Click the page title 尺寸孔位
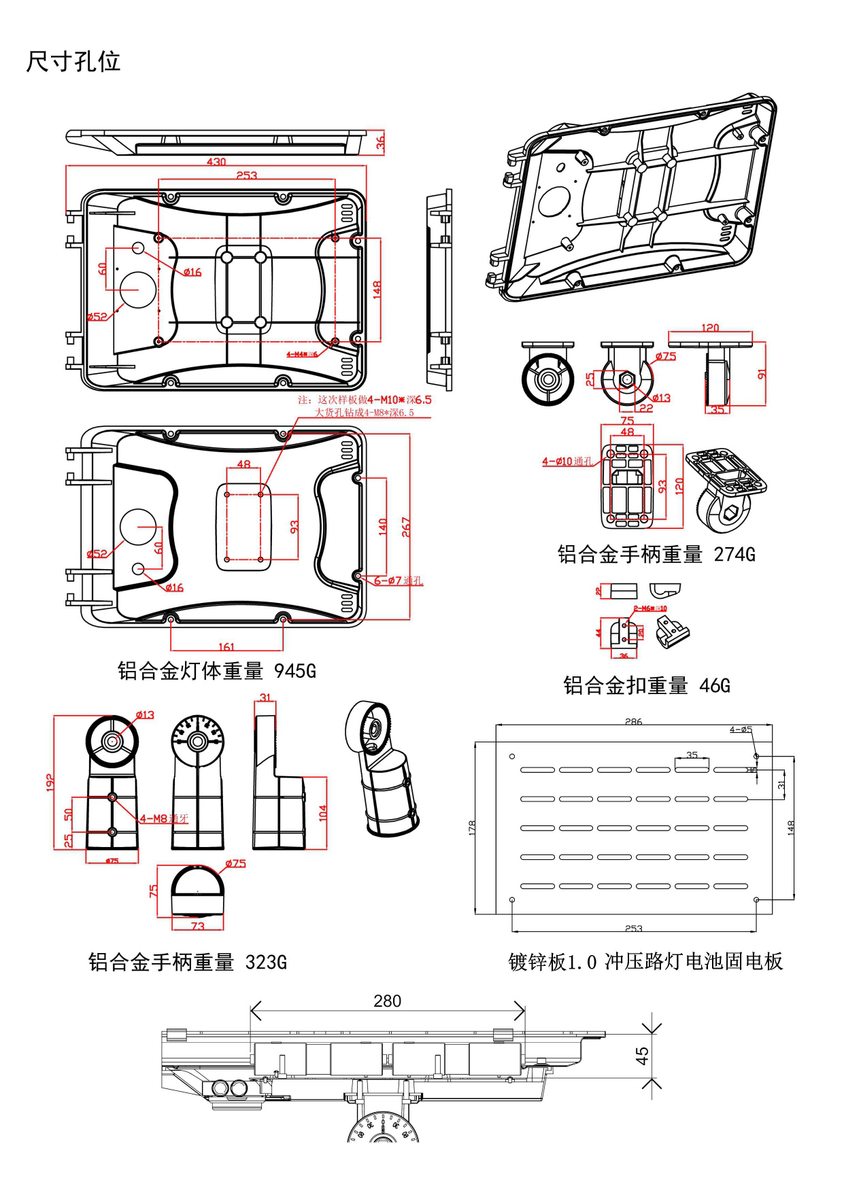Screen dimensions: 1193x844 (x=73, y=62)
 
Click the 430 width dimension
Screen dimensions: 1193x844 (x=216, y=162)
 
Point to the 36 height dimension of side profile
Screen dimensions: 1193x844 (x=380, y=142)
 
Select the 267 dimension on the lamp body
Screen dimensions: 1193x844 (x=406, y=527)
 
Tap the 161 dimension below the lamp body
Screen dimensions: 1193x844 (x=226, y=646)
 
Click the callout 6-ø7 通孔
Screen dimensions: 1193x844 (x=399, y=581)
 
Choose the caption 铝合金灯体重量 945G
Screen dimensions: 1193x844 (x=216, y=671)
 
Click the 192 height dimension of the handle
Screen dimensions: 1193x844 (x=50, y=782)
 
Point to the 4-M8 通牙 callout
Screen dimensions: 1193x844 (x=164, y=818)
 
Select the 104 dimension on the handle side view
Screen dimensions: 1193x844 (x=322, y=813)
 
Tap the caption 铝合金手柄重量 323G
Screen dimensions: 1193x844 (x=188, y=962)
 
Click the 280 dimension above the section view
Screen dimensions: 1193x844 (x=387, y=1001)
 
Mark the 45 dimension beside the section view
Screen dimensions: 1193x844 (x=642, y=1055)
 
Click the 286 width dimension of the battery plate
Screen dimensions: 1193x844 (x=633, y=721)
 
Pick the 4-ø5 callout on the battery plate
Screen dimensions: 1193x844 (x=741, y=729)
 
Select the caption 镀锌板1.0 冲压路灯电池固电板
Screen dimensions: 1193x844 (x=645, y=961)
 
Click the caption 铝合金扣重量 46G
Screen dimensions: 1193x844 (x=646, y=685)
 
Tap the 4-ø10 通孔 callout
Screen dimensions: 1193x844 (x=567, y=462)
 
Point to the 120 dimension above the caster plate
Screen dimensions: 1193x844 (x=709, y=328)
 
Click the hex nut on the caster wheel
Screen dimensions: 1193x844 (x=627, y=379)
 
